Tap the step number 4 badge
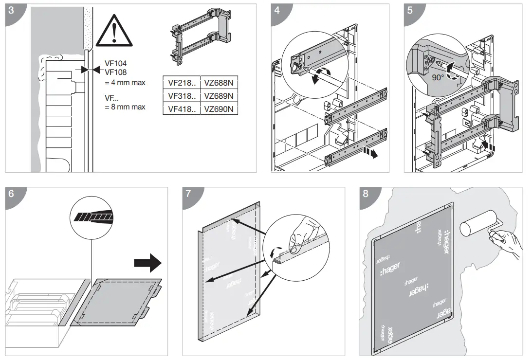[278, 11]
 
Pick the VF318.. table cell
[182, 95]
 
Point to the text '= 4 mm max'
[125, 83]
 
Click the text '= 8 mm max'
[125, 107]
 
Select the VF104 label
[116, 63]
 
